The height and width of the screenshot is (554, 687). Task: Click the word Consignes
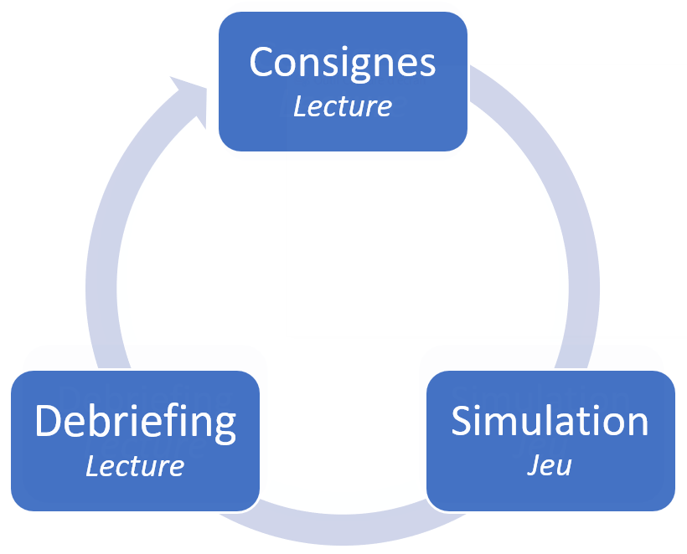(x=343, y=62)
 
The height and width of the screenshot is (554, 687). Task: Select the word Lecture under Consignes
(x=343, y=106)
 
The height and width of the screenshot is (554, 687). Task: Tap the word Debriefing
(x=135, y=423)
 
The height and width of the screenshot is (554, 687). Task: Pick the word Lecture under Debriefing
(x=135, y=465)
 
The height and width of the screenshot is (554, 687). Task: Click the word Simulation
(x=550, y=420)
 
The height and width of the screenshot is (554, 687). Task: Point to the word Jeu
(x=550, y=464)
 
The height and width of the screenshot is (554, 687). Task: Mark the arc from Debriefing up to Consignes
(x=105, y=251)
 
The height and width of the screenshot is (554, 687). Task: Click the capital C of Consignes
(x=263, y=62)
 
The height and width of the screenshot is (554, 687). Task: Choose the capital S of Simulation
(x=462, y=420)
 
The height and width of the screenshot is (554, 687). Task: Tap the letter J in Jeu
(x=534, y=465)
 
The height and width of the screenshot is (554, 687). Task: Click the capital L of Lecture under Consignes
(x=300, y=106)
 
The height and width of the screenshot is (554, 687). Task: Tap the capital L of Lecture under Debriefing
(x=92, y=465)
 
